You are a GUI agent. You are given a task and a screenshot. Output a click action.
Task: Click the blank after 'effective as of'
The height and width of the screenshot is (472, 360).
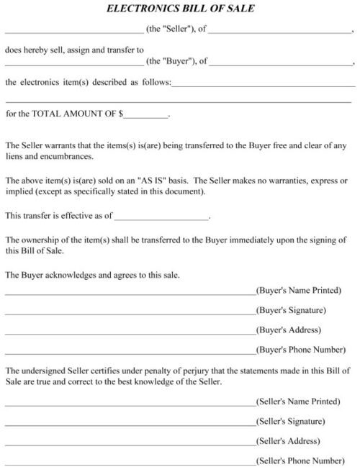pyautogui.click(x=162, y=217)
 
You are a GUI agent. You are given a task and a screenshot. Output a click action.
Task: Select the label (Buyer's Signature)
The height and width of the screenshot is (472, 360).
pyautogui.click(x=292, y=311)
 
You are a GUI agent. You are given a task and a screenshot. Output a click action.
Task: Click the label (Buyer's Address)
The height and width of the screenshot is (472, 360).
pyautogui.click(x=288, y=331)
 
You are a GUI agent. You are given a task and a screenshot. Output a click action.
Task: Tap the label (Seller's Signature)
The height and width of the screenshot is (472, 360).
pyautogui.click(x=291, y=421)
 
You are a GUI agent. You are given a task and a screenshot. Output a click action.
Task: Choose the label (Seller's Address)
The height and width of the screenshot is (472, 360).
pyautogui.click(x=287, y=441)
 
